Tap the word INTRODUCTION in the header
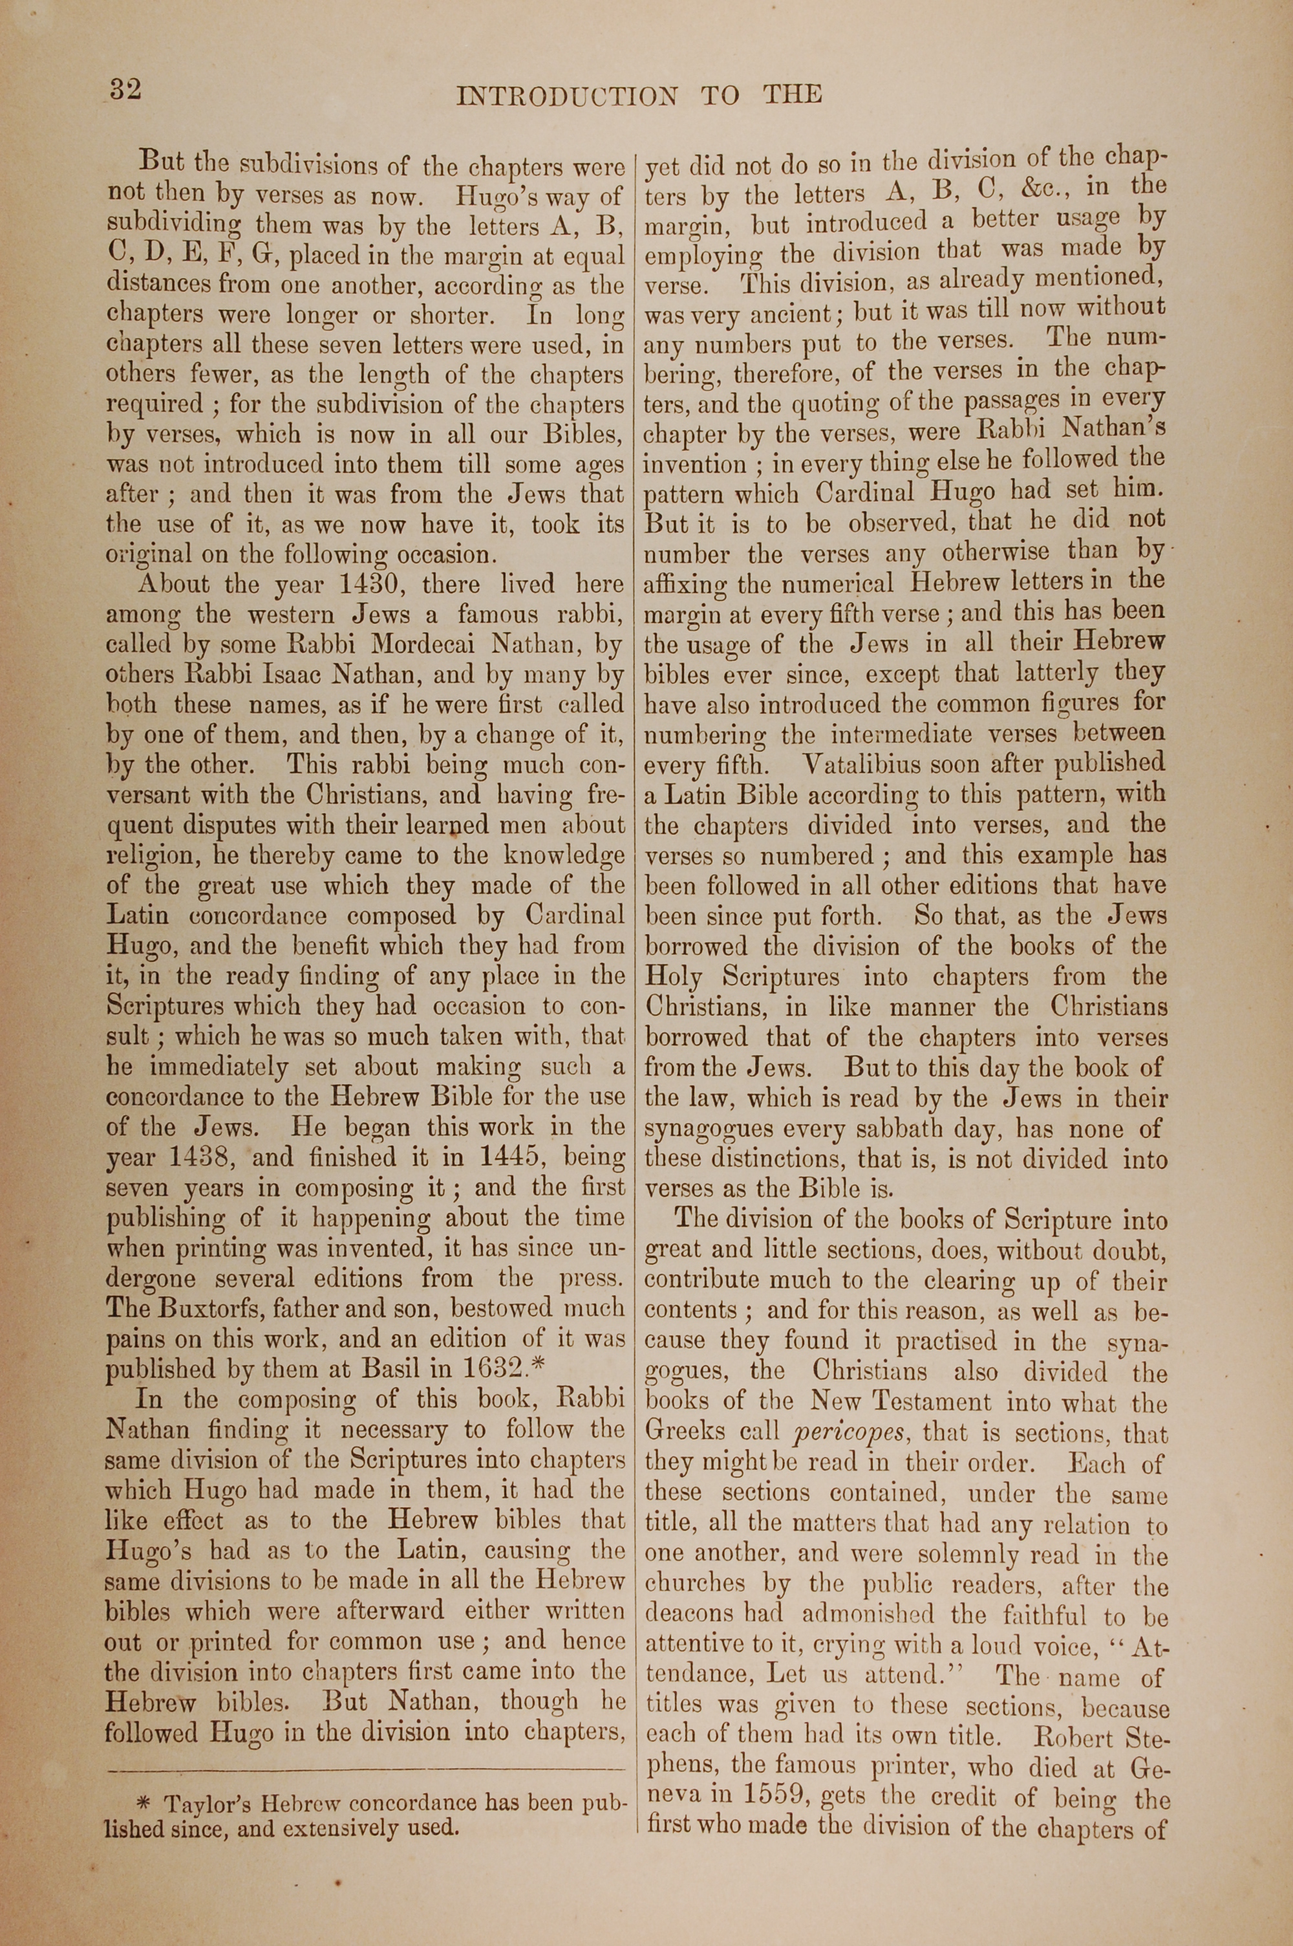click(568, 96)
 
